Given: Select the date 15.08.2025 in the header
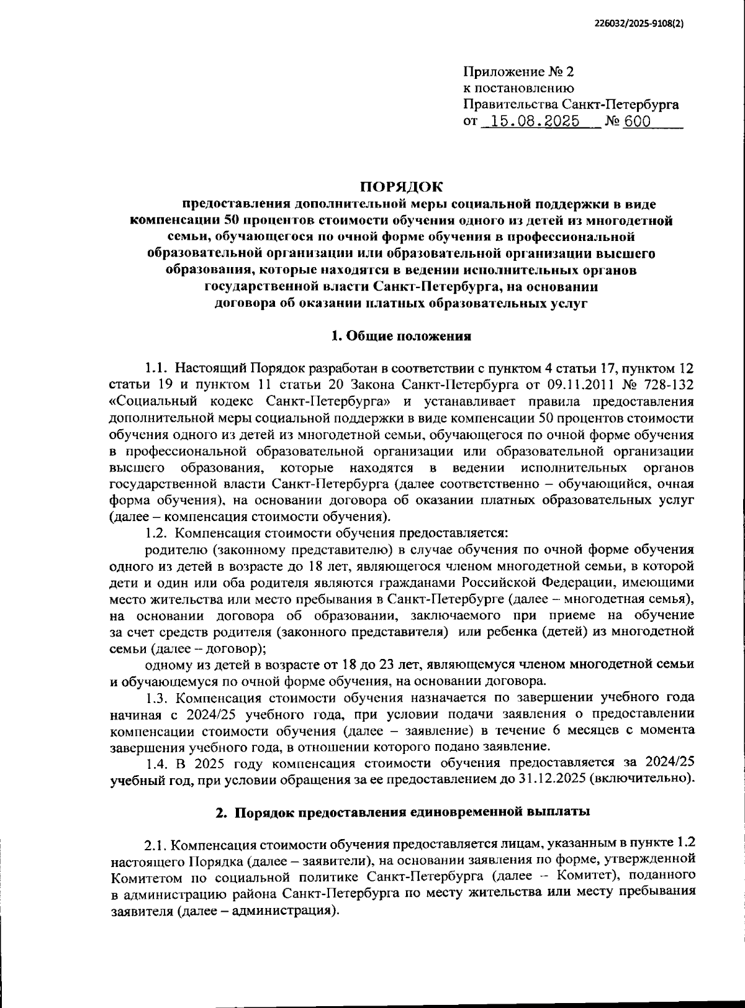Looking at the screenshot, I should (535, 121).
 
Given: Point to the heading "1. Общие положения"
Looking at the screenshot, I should (401, 337).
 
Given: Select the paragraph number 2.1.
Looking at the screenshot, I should (155, 845).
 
